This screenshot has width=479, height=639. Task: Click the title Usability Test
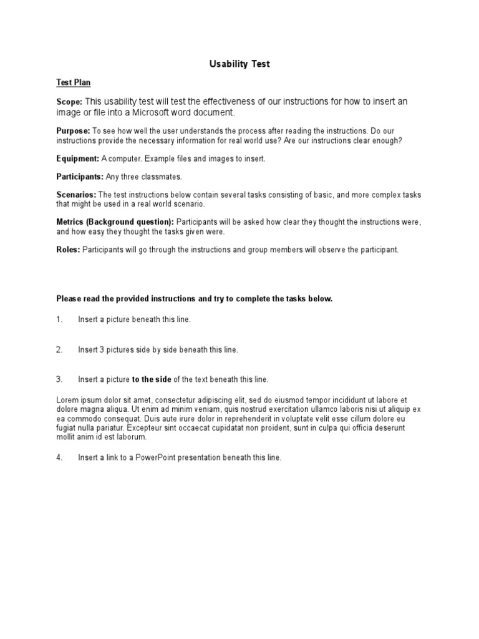(239, 64)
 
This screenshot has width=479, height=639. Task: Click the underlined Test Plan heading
(74, 82)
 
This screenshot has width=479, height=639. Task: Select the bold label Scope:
(69, 102)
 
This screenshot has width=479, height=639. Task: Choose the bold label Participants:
(79, 177)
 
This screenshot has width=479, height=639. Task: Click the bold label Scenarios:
(76, 195)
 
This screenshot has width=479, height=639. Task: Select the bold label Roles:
(68, 250)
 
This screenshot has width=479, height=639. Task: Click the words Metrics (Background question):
(115, 222)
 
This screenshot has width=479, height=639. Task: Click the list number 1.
(59, 319)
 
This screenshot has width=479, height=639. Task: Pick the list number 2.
(59, 350)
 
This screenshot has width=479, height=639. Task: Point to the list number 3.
(59, 379)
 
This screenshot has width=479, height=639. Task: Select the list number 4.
(59, 457)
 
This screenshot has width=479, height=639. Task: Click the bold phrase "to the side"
(152, 379)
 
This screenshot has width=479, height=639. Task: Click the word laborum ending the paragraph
(132, 438)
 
